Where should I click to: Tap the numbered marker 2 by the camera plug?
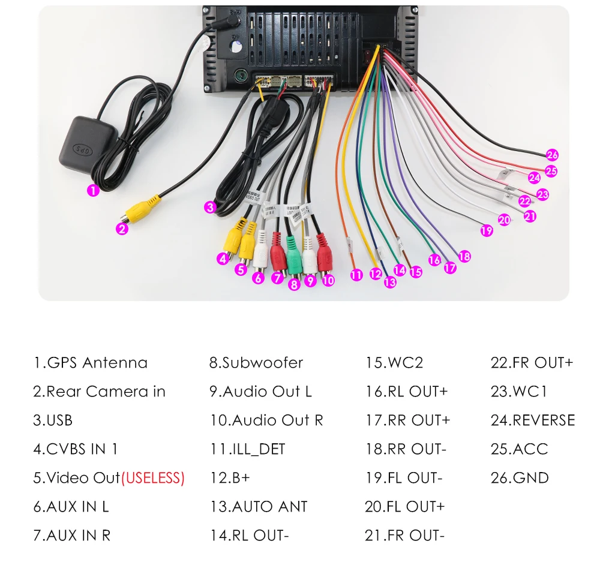122,229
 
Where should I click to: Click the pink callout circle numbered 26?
552,155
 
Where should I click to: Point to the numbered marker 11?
357,275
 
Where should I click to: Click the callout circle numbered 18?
464,256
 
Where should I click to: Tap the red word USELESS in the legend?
153,478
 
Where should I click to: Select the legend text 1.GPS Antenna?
90,363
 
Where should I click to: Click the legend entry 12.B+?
230,478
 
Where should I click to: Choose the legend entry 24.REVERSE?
532,420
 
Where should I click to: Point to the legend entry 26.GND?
520,478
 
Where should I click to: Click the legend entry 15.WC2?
394,363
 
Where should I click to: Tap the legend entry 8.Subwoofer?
256,363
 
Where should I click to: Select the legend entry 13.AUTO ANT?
259,507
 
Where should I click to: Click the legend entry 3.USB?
53,420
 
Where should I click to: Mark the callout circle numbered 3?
209,208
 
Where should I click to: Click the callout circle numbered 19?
487,230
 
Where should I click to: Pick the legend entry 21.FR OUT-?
404,536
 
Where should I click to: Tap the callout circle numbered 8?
294,285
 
